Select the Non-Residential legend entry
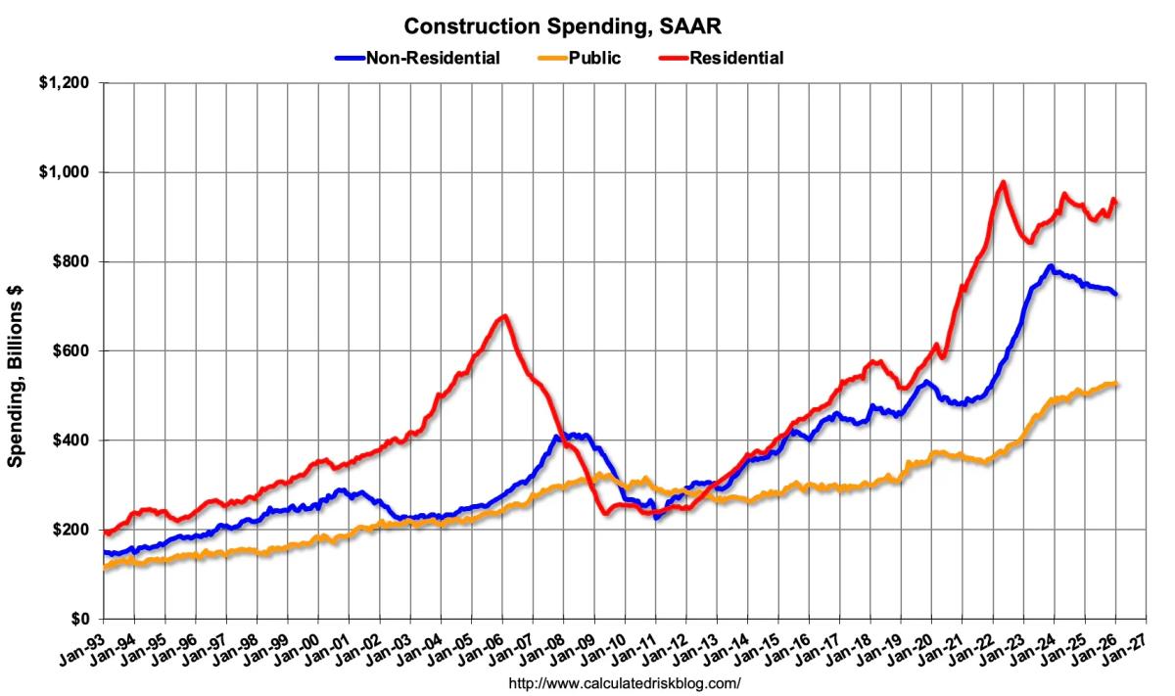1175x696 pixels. click(x=432, y=58)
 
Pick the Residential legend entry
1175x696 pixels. click(x=735, y=58)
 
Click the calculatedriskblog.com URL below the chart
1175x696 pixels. click(x=619, y=682)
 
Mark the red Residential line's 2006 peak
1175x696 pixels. click(x=503, y=316)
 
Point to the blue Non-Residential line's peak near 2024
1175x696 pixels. click(x=1051, y=266)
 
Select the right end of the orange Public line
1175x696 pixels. click(x=1117, y=384)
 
